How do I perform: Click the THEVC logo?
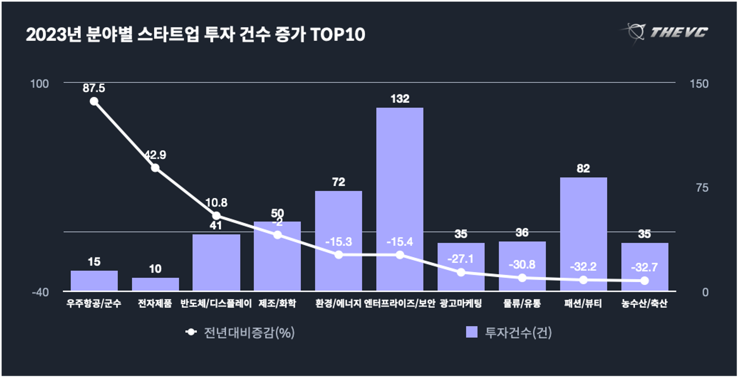(x=666, y=32)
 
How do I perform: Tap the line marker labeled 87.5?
(x=94, y=101)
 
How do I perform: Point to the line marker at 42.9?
(x=155, y=168)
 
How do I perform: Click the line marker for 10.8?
(x=216, y=215)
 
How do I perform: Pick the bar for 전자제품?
(x=155, y=284)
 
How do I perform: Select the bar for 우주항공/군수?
(x=94, y=280)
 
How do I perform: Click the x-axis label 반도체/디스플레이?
(x=216, y=303)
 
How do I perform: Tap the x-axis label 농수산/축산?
(x=644, y=303)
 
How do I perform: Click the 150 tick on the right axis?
(x=699, y=84)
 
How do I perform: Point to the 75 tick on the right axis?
(x=702, y=188)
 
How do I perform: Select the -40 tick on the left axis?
(x=40, y=292)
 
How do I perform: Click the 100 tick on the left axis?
(x=39, y=84)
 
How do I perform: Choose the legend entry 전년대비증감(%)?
(x=240, y=332)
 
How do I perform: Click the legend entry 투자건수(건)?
(x=509, y=332)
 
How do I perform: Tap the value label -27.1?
(x=460, y=259)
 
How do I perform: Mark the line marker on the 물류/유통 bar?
(x=522, y=278)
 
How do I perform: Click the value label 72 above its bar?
(x=338, y=182)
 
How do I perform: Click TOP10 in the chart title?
(x=337, y=35)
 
